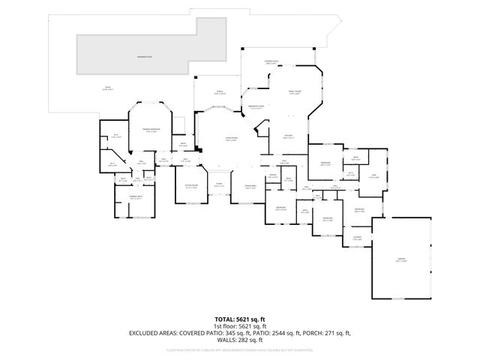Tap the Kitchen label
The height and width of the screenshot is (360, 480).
(288, 136)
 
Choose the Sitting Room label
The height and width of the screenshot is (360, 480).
(191, 187)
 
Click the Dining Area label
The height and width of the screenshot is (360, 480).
(250, 187)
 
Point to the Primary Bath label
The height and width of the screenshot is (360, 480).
(136, 198)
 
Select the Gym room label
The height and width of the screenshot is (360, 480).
(375, 176)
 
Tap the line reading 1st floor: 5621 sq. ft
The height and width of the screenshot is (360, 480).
(239, 326)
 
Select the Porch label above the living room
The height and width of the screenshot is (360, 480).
(220, 92)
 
